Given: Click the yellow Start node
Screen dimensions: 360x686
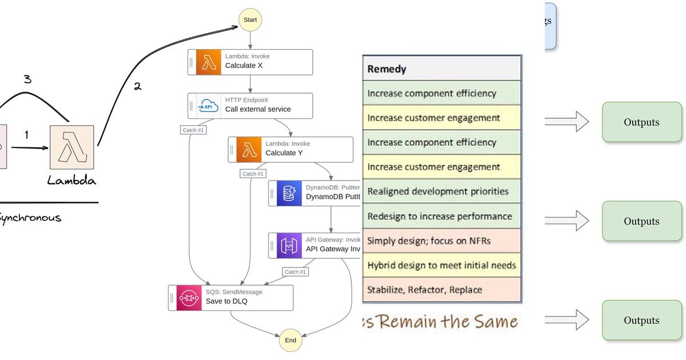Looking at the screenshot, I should tap(250, 20).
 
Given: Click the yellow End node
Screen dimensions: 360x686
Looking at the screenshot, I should tap(290, 340).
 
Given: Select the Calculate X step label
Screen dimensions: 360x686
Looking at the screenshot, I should tap(244, 66).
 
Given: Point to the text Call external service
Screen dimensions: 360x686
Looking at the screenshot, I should tap(258, 109).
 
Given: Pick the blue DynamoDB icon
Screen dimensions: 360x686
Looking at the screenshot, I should tap(289, 193).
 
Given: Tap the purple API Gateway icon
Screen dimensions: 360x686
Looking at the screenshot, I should tap(289, 245).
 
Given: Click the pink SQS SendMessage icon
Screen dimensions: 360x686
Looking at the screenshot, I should tap(189, 298).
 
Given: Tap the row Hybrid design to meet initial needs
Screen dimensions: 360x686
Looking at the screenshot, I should tap(441, 265).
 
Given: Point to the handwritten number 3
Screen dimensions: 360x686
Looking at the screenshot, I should tap(27, 79).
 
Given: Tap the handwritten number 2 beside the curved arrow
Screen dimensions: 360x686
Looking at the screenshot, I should tap(137, 87).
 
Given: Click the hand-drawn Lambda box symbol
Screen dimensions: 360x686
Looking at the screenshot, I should tap(71, 146).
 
